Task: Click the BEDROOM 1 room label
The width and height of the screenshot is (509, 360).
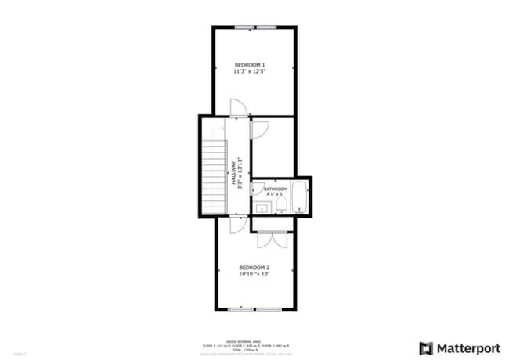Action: point(251,64)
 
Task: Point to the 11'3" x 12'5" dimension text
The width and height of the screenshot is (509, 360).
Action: point(251,72)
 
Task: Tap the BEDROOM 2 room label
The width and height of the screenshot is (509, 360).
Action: point(254,267)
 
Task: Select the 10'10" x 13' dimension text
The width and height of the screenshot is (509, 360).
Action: point(254,275)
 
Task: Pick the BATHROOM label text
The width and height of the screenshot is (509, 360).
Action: point(276,189)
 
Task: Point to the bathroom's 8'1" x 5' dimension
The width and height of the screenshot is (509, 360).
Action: point(275,195)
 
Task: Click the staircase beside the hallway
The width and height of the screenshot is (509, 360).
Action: point(213,176)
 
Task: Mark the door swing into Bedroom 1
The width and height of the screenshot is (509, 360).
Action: point(237,108)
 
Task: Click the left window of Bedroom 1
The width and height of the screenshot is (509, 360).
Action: point(244,28)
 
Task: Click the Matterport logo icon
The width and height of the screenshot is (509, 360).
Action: point(426,347)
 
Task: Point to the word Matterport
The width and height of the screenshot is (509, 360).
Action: point(464,347)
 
